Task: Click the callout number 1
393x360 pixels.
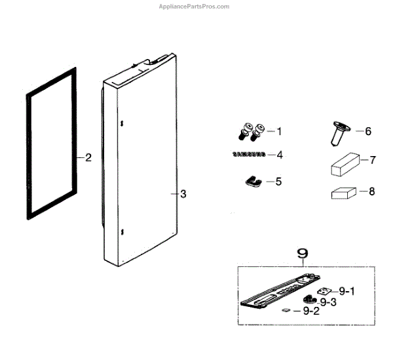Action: coord(279,132)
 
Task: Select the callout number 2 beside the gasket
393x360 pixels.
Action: coord(88,157)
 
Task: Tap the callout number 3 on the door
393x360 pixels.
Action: coord(183,194)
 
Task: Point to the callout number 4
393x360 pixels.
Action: coord(279,155)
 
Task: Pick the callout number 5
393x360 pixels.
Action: coord(279,180)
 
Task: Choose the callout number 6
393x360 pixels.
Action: coord(368,132)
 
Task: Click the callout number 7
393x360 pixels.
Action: coord(372,160)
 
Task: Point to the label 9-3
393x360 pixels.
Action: coord(328,301)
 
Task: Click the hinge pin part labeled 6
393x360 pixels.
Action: coord(338,136)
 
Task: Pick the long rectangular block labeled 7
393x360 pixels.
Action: coord(343,163)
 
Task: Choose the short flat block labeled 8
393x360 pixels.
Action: coord(342,193)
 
